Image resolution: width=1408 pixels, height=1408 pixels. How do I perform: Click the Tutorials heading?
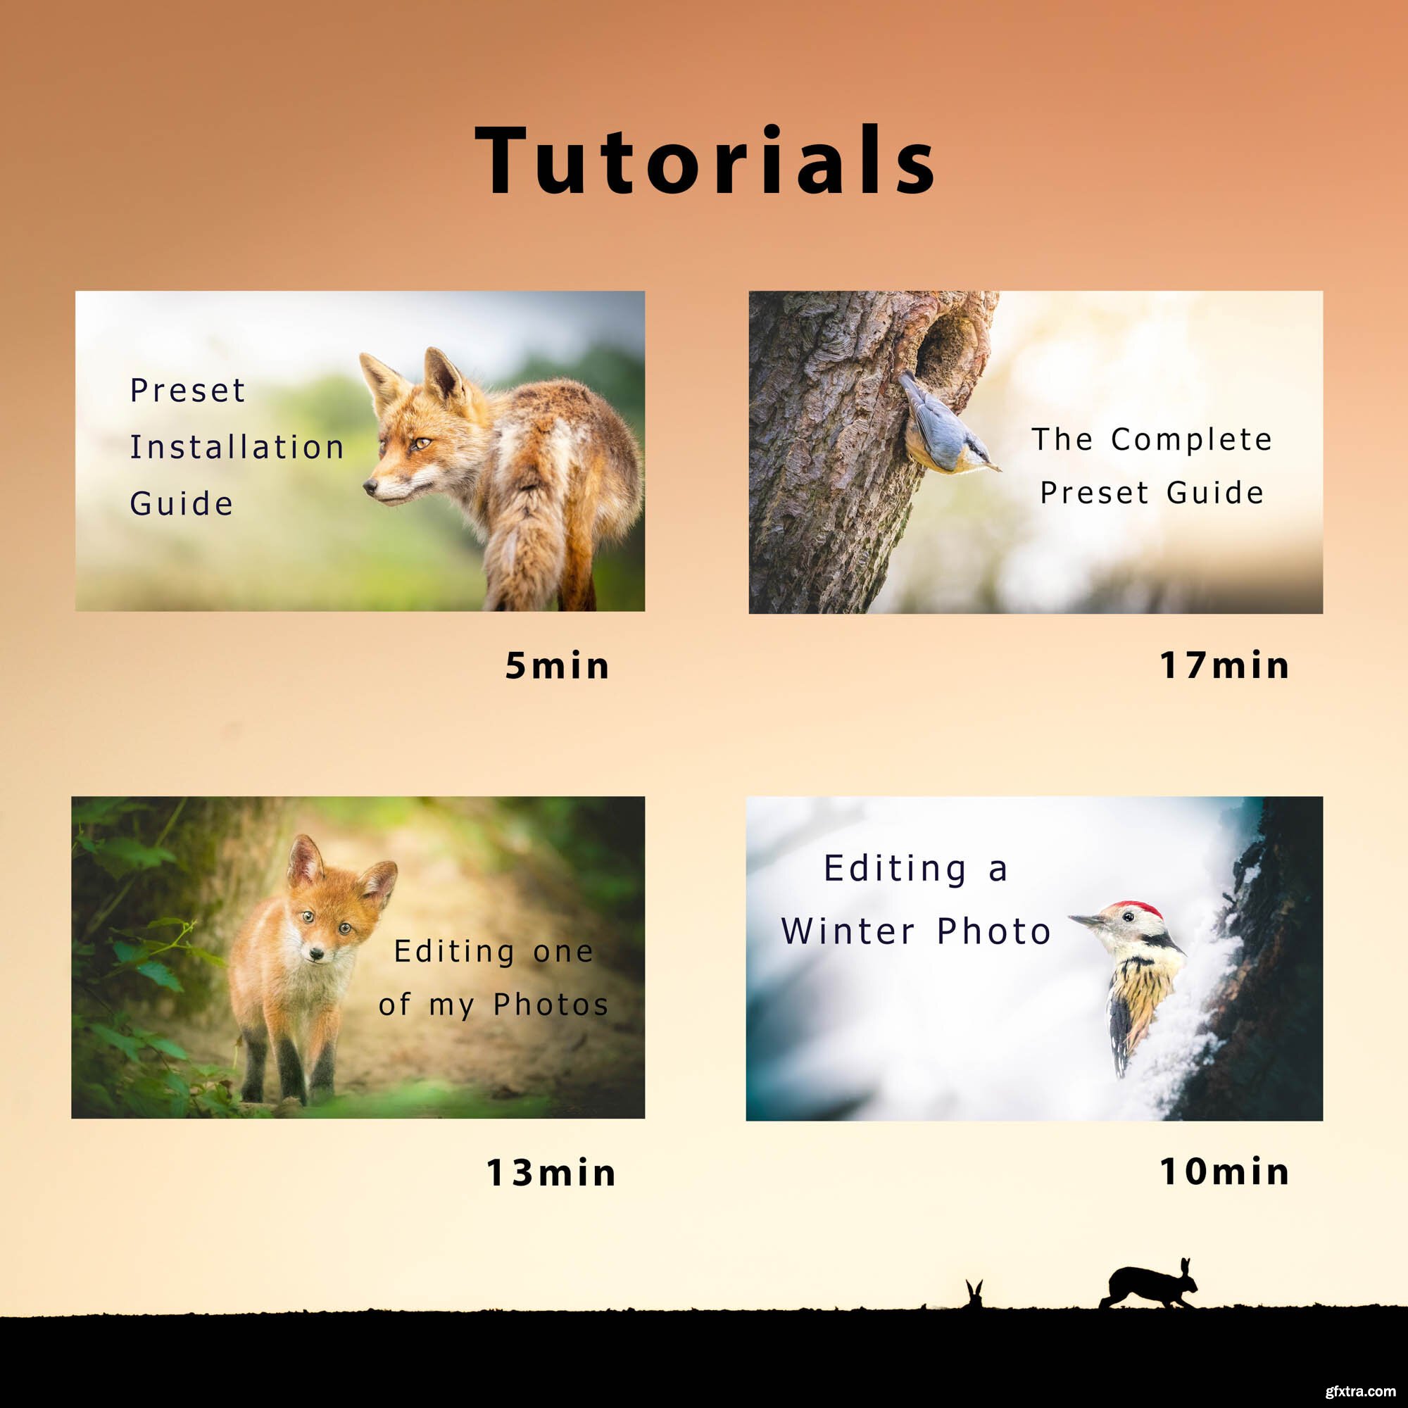tap(705, 161)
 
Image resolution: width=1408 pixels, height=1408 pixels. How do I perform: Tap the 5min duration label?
tap(558, 665)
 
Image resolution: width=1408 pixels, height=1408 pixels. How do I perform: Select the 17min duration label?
tap(1224, 665)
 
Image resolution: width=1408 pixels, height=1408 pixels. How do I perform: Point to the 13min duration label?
tap(551, 1173)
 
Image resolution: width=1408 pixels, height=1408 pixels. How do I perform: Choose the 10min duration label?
tap(1224, 1172)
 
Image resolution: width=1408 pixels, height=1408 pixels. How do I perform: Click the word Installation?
tap(237, 447)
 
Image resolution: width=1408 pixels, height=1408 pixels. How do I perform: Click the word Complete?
tap(1192, 439)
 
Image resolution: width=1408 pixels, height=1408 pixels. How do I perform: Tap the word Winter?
tap(848, 931)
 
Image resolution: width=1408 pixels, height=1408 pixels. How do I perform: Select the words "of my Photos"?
tap(494, 1006)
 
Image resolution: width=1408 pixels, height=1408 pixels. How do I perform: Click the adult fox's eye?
tap(422, 442)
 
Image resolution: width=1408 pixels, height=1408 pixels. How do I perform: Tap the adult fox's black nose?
tap(370, 485)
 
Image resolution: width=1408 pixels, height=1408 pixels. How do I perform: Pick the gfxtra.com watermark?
tap(1360, 1391)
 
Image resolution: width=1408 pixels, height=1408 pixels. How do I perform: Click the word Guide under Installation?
tap(182, 503)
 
